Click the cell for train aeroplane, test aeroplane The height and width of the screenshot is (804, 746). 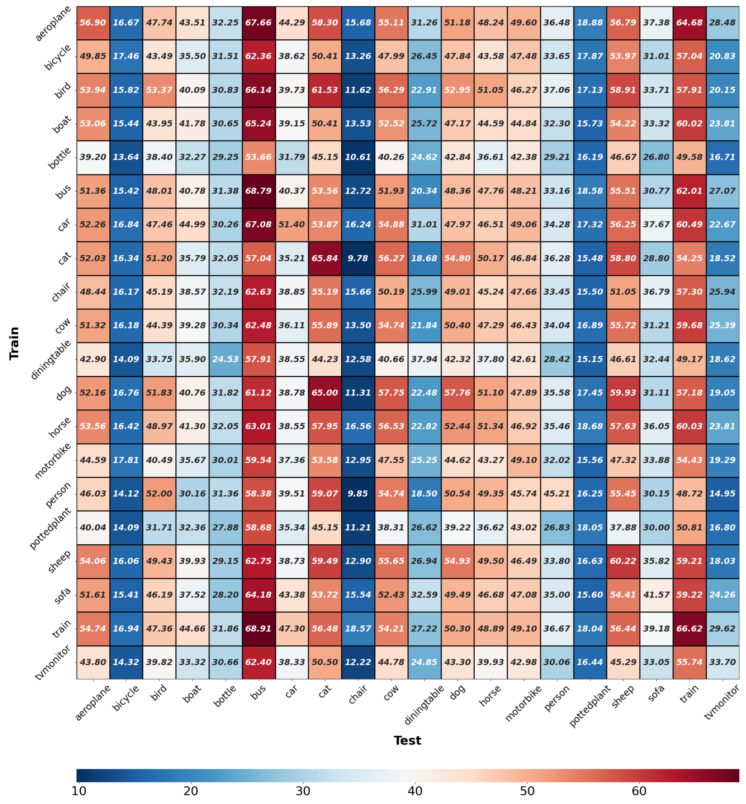tap(93, 23)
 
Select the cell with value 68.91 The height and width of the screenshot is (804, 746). tap(258, 628)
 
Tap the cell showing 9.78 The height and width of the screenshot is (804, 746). tap(358, 258)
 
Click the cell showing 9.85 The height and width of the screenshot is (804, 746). tap(358, 493)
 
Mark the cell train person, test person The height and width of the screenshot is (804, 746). tap(557, 493)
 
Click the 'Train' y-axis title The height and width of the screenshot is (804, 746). tap(14, 343)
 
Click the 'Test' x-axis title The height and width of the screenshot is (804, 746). tap(407, 740)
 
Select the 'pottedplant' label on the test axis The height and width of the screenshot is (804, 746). tap(590, 706)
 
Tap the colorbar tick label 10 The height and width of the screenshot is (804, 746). tap(79, 791)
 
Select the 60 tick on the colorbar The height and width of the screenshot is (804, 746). tap(639, 791)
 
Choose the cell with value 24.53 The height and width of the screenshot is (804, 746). tap(225, 359)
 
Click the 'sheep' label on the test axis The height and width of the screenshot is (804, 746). tap(623, 697)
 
